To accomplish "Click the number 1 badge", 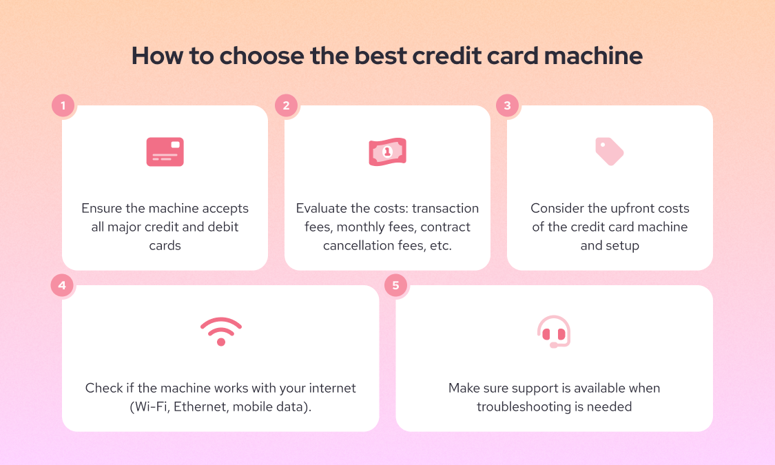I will pyautogui.click(x=63, y=105).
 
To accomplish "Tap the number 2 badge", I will pyautogui.click(x=285, y=105).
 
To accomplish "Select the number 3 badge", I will pyautogui.click(x=508, y=105).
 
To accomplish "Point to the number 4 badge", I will pyautogui.click(x=63, y=285).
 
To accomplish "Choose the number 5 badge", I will pyautogui.click(x=396, y=285).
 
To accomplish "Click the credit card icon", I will pyautogui.click(x=165, y=152).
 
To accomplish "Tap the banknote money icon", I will pyautogui.click(x=387, y=152).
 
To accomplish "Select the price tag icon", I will pyautogui.click(x=609, y=151).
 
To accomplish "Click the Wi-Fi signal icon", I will pyautogui.click(x=220, y=331).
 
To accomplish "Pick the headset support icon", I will pyautogui.click(x=554, y=332).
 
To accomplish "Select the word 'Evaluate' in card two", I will pyautogui.click(x=322, y=208).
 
